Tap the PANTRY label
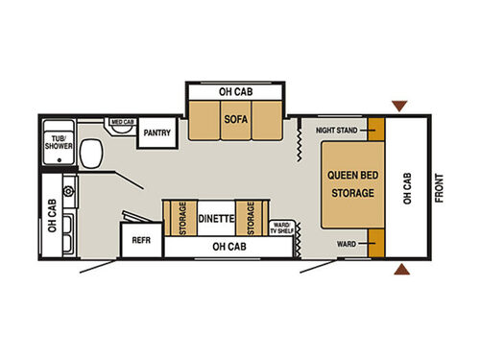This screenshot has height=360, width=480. pyautogui.click(x=156, y=133)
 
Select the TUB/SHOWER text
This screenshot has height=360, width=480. pyautogui.click(x=58, y=143)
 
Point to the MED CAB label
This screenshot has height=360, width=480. pyautogui.click(x=122, y=123)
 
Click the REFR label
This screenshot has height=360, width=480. pyautogui.click(x=141, y=241)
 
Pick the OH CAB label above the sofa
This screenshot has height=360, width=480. pyautogui.click(x=236, y=92)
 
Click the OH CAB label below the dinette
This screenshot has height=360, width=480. pyautogui.click(x=227, y=248)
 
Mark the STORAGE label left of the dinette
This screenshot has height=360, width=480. pyautogui.click(x=182, y=219)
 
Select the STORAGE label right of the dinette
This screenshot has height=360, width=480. pyautogui.click(x=252, y=219)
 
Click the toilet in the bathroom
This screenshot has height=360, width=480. pyautogui.click(x=93, y=152)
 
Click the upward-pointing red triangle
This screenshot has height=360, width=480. pyautogui.click(x=400, y=270)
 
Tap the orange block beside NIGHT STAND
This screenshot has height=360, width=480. pyautogui.click(x=375, y=129)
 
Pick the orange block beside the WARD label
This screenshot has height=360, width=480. pyautogui.click(x=375, y=244)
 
